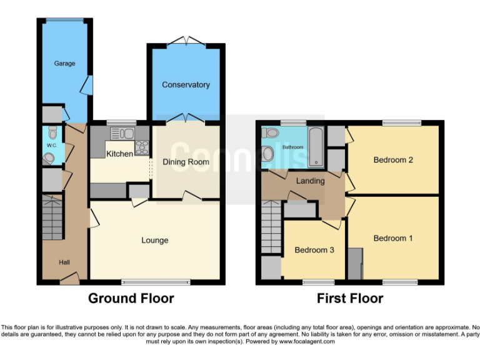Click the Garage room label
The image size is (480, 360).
[x=64, y=64]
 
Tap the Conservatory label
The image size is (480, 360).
[x=186, y=85]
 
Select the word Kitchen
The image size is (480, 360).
[x=119, y=154]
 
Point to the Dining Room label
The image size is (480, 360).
[x=186, y=162]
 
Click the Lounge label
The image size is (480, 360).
[x=154, y=240]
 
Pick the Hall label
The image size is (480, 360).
[x=65, y=262]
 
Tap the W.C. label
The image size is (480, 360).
[x=51, y=146]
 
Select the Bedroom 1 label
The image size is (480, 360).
[x=393, y=238]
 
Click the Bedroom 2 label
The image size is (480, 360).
[x=393, y=160]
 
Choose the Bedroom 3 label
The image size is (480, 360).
[x=314, y=250]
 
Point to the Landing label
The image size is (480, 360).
[x=311, y=181]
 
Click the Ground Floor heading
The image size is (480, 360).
[x=131, y=298]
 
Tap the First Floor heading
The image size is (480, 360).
[x=349, y=298]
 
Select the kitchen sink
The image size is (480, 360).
[x=122, y=132]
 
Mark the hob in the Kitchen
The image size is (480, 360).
[x=142, y=148]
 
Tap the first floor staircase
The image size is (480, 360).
[x=271, y=227]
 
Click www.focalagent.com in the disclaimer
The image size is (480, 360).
[x=306, y=342]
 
